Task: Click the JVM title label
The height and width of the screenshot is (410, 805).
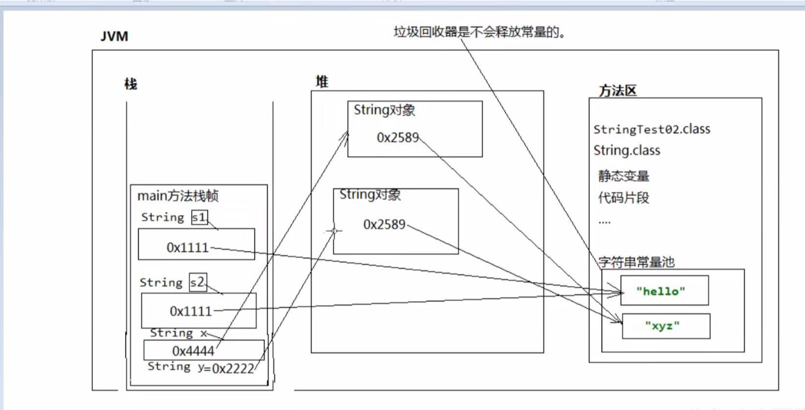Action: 115,37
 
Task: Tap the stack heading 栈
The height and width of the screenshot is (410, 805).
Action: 131,84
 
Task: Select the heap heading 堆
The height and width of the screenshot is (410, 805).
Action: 322,82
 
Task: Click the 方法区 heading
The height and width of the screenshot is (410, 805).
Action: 618,90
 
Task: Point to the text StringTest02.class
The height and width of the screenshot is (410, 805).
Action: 651,129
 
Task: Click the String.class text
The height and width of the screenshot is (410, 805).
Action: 627,151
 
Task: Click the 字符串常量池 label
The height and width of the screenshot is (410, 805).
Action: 636,262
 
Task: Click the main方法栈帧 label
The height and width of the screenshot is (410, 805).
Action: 178,196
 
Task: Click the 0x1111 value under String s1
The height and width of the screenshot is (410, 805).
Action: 187,247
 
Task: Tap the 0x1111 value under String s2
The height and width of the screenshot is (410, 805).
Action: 190,311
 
